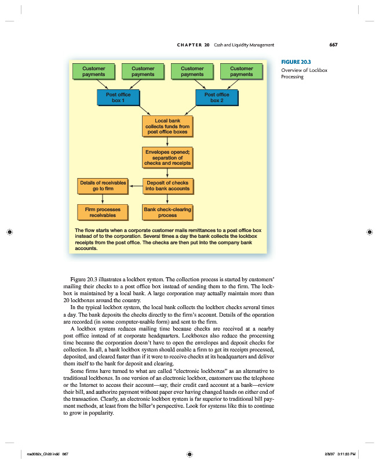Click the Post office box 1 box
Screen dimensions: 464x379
pyautogui.click(x=118, y=97)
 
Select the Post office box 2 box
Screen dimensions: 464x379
pyautogui.click(x=217, y=97)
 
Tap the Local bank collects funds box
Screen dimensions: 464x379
pyautogui.click(x=167, y=126)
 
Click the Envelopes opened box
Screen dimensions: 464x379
pyautogui.click(x=167, y=157)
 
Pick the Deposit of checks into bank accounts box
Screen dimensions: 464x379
pyautogui.click(x=167, y=186)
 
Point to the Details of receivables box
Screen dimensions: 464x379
pyautogui.click(x=103, y=186)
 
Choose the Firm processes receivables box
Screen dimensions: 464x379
pyautogui.click(x=103, y=212)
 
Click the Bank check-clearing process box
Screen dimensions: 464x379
pyautogui.click(x=167, y=212)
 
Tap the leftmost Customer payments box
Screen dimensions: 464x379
pyautogui.click(x=93, y=71)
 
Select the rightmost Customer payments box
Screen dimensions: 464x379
pyautogui.click(x=241, y=71)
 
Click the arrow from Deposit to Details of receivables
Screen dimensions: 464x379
pyautogui.click(x=135, y=186)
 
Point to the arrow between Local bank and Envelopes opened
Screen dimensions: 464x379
pyautogui.click(x=167, y=142)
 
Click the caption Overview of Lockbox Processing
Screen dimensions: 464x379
pyautogui.click(x=304, y=73)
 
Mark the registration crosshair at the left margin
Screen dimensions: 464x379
pyautogui.click(x=9, y=231)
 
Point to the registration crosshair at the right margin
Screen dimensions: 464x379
pyautogui.click(x=370, y=231)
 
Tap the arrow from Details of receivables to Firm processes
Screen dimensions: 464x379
pyautogui.click(x=103, y=198)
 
